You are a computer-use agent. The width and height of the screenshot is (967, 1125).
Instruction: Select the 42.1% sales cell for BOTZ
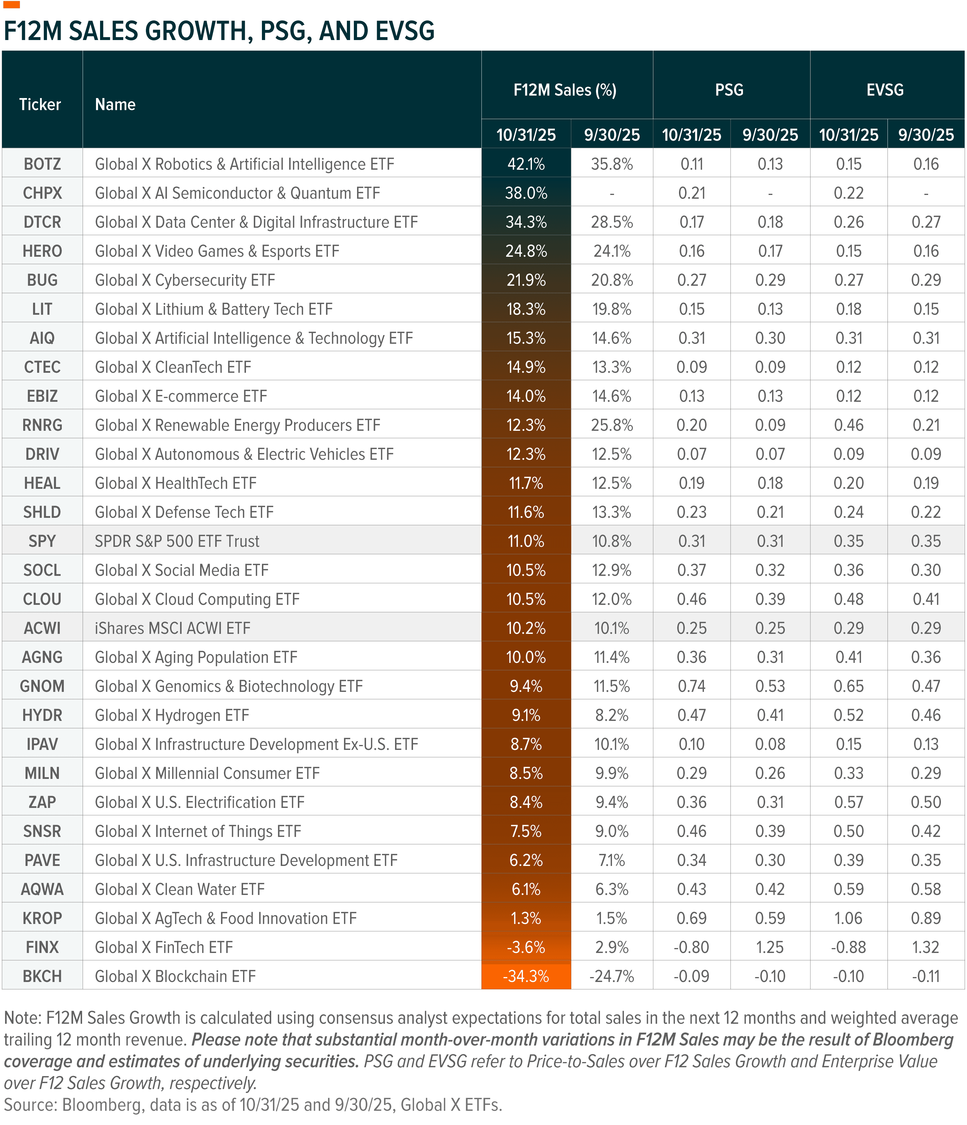click(526, 164)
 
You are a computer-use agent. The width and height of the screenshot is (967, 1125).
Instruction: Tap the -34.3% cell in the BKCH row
click(526, 976)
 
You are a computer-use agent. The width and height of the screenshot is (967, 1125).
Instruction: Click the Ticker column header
click(40, 104)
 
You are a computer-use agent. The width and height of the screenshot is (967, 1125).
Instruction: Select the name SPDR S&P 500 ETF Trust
click(177, 541)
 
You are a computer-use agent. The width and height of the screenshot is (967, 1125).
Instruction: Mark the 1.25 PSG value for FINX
click(770, 947)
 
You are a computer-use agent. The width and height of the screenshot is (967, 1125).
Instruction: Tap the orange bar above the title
click(11, 5)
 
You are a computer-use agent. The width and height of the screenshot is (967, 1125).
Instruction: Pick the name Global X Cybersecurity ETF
click(184, 280)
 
